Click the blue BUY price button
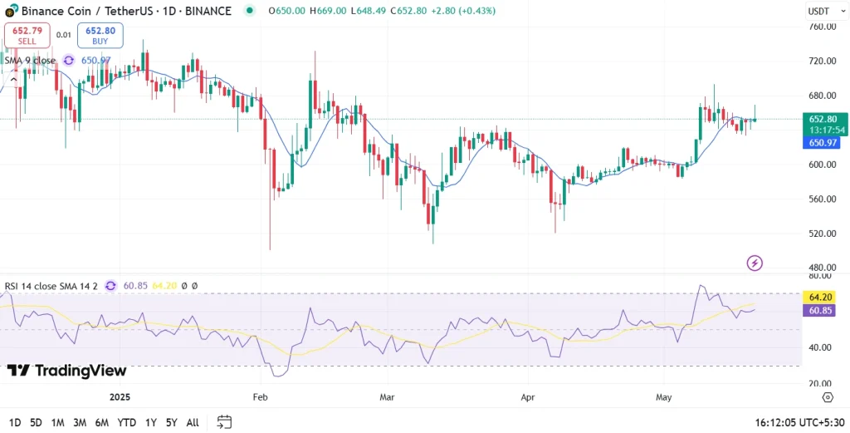pos(100,36)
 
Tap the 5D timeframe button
pos(36,422)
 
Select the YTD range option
pos(126,422)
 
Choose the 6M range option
pos(101,422)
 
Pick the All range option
pos(192,422)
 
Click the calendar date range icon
pos(224,422)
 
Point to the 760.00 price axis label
pos(822,27)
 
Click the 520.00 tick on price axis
pos(822,234)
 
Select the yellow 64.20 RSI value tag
pos(822,297)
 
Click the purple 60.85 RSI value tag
pos(822,310)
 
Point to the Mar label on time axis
pos(387,397)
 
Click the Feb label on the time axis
pos(261,397)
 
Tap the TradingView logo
pos(67,371)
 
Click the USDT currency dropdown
pos(823,11)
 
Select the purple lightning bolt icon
pos(755,263)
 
